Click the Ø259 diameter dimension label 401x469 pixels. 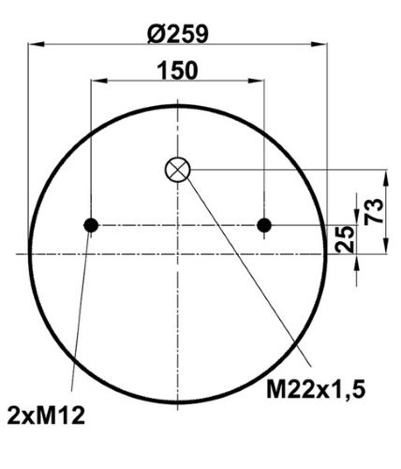point(177,34)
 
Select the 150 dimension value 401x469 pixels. point(177,70)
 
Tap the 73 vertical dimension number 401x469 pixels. point(374,211)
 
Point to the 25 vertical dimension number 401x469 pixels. point(345,239)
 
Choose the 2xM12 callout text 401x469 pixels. point(46,416)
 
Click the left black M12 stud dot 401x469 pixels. point(91,225)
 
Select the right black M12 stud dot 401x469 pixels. point(264,225)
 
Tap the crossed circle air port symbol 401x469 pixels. point(178,170)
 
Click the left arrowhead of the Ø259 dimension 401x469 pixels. point(36,44)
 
